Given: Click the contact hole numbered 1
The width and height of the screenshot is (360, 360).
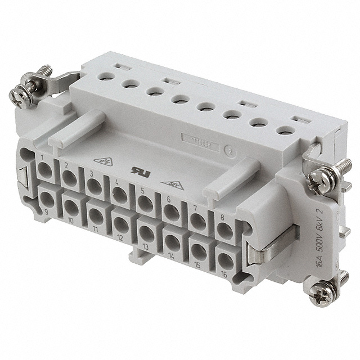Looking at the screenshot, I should point(46,171).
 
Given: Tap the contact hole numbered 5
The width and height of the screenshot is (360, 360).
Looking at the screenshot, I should point(146,204).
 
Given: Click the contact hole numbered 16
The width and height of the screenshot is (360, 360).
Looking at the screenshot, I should point(225,259).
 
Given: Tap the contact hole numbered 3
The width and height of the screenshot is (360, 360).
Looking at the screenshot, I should point(95,187).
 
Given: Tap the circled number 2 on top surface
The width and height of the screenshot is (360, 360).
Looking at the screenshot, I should point(229,150).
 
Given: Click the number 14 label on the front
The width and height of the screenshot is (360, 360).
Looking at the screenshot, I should point(170,253).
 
